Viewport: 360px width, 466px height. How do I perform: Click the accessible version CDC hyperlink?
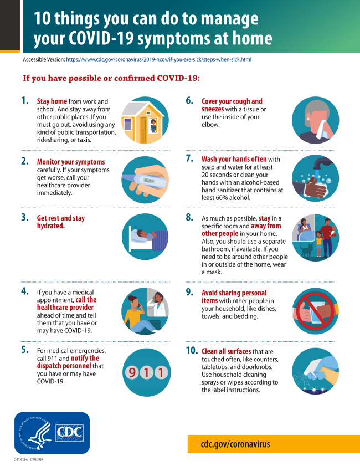tap(158, 59)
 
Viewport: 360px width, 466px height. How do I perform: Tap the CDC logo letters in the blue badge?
tap(69, 432)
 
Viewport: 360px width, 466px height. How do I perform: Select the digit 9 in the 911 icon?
tap(132, 372)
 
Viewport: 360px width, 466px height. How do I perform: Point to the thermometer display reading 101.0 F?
tap(149, 181)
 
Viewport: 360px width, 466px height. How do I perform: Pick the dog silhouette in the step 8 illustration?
tap(306, 250)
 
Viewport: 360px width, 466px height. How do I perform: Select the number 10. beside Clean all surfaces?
tap(192, 351)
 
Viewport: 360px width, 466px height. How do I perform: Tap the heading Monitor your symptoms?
tap(71, 162)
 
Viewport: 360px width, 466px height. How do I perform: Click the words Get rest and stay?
tap(61, 218)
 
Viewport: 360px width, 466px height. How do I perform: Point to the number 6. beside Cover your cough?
tap(189, 101)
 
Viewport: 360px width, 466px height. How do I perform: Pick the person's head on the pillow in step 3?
tap(142, 234)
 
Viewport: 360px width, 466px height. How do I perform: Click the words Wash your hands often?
tap(234, 159)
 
